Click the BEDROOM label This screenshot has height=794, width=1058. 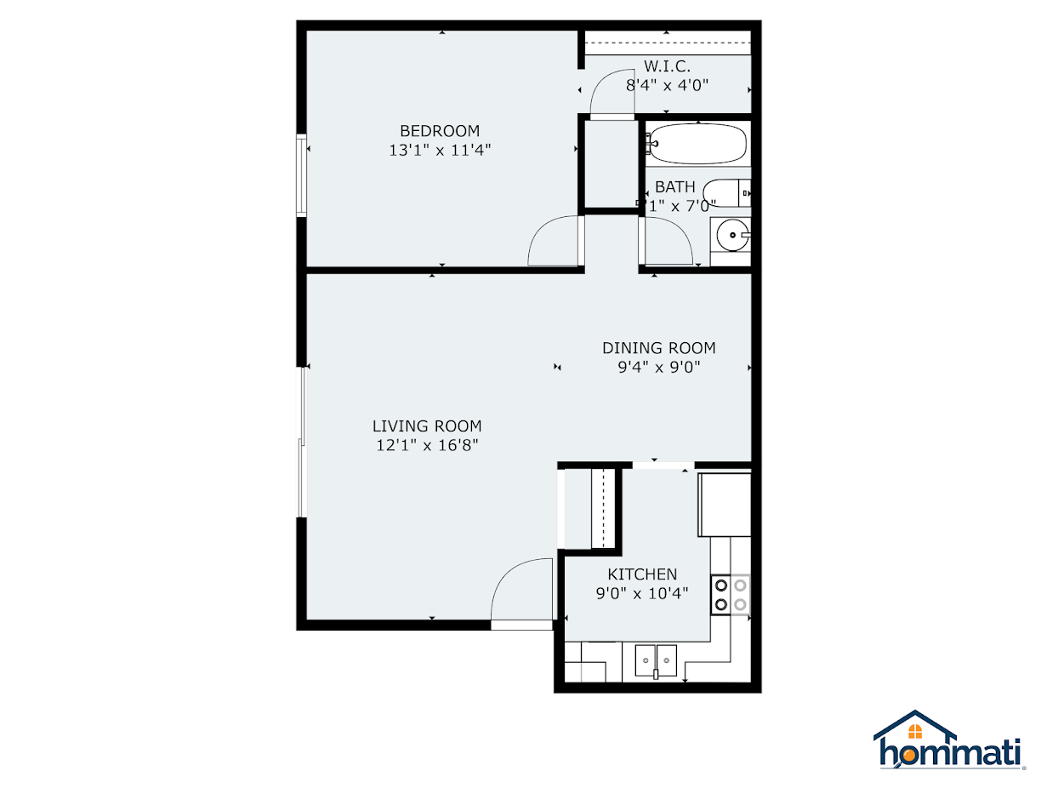[440, 131]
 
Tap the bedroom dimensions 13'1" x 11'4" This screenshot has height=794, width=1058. [440, 150]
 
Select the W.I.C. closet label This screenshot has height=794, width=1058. [667, 66]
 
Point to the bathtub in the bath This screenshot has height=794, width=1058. [697, 144]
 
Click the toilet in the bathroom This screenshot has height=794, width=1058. [729, 193]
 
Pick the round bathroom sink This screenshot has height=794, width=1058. [731, 235]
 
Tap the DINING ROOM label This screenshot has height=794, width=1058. [658, 348]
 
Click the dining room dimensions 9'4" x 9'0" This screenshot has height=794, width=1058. [658, 368]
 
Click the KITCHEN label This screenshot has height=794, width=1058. [642, 574]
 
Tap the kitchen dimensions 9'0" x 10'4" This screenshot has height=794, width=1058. [642, 593]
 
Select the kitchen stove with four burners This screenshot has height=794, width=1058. [731, 595]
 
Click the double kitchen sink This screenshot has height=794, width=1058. [656, 658]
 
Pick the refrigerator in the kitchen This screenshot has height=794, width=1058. [725, 505]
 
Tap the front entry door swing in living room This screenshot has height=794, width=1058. [521, 591]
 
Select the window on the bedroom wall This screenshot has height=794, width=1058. [301, 174]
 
